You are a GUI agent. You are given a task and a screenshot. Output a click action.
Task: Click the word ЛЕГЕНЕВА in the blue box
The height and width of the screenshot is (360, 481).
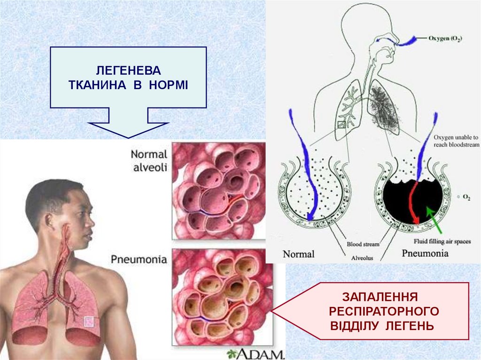point(128,71)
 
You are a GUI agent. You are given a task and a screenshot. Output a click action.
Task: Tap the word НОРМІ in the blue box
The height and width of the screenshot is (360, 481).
point(169,86)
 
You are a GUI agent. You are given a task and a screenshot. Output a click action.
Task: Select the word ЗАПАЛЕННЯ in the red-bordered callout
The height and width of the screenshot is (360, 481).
point(380,297)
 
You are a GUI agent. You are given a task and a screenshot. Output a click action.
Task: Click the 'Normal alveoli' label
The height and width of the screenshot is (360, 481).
point(148,161)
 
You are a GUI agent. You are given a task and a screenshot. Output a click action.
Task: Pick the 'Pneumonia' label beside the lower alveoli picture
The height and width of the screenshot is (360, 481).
point(139,259)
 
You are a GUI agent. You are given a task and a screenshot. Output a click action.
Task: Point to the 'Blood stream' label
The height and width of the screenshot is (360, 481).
point(363,244)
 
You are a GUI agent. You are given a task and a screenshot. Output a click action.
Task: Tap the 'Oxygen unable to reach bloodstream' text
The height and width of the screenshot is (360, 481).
point(456,141)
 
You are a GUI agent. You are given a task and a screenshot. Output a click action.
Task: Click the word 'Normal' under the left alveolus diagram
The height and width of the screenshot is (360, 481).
point(298,254)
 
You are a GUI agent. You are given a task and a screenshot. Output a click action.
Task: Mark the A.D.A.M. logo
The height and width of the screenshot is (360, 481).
point(256,353)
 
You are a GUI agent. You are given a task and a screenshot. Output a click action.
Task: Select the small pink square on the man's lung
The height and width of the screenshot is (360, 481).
point(88,322)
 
